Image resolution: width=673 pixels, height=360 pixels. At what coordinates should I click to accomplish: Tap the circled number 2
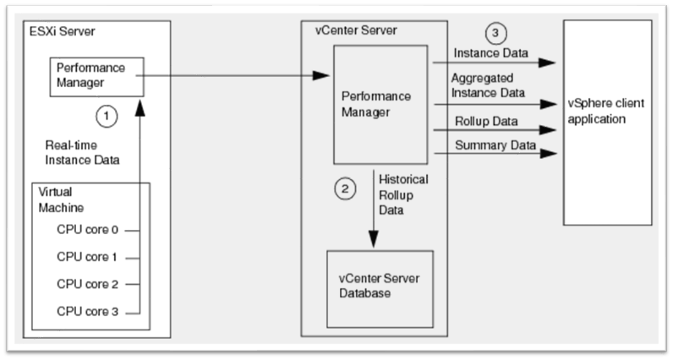pyautogui.click(x=343, y=189)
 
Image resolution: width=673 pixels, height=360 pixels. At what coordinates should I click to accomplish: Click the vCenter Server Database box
pyautogui.click(x=379, y=287)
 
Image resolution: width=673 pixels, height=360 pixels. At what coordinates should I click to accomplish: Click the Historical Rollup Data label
pyautogui.click(x=403, y=195)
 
